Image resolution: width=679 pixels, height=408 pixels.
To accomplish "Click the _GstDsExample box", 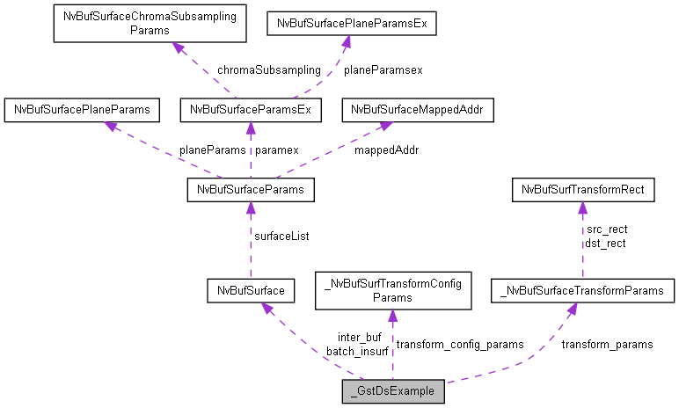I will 393,391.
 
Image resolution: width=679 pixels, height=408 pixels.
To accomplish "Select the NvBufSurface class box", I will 251,289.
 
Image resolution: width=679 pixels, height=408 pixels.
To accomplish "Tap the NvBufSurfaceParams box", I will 251,189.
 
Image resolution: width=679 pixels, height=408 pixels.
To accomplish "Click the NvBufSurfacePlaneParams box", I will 82,110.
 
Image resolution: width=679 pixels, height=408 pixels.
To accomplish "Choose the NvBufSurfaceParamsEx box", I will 251,110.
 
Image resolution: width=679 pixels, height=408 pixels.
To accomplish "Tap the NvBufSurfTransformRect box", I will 583,189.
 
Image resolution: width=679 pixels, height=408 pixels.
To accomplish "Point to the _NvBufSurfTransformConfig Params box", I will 393,289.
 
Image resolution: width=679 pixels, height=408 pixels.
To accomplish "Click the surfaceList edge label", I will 281,236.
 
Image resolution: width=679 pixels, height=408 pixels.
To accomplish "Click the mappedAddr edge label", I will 386,149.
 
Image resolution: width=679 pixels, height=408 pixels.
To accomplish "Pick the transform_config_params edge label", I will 460,344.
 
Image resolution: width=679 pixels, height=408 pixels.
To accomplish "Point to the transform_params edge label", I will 607,344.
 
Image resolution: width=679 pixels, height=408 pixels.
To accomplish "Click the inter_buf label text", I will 359,338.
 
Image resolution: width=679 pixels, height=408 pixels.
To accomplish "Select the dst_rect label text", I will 605,244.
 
